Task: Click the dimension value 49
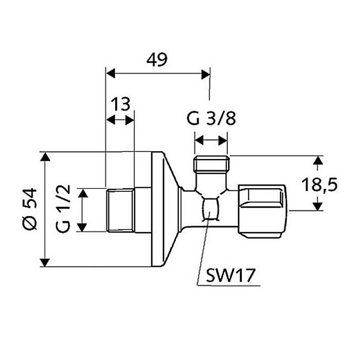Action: (x=156, y=60)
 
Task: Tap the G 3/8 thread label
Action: (x=211, y=119)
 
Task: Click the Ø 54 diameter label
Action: (x=30, y=209)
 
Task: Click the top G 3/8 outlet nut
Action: (x=211, y=165)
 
